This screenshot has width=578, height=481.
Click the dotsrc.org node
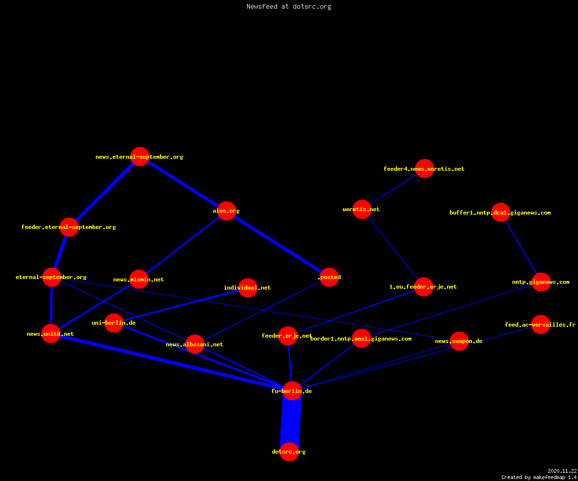(x=289, y=452)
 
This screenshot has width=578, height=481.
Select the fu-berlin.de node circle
(x=292, y=391)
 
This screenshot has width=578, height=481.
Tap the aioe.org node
(x=226, y=211)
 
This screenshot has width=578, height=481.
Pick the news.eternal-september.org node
(x=140, y=156)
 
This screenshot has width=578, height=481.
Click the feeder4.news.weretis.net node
(x=424, y=169)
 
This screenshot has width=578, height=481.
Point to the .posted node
(x=329, y=277)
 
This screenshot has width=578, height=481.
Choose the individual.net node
(x=248, y=288)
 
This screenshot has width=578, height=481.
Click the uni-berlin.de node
(x=114, y=323)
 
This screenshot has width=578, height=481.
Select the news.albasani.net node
(x=195, y=344)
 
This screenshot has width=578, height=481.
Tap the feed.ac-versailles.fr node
(x=540, y=325)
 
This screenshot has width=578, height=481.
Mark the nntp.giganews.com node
(x=541, y=282)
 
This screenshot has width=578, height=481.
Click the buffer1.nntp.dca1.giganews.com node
(x=500, y=212)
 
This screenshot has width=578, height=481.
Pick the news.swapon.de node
(x=459, y=341)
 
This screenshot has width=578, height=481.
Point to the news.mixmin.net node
(x=139, y=279)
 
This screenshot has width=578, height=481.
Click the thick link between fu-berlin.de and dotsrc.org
(x=290, y=421)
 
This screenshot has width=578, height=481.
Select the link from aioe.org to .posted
(x=278, y=244)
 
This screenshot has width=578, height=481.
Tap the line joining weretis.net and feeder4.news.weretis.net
(x=393, y=189)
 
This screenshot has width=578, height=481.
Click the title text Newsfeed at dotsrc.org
(x=289, y=7)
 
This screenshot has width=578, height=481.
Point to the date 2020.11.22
(x=562, y=471)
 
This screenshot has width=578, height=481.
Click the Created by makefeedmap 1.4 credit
(x=539, y=478)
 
